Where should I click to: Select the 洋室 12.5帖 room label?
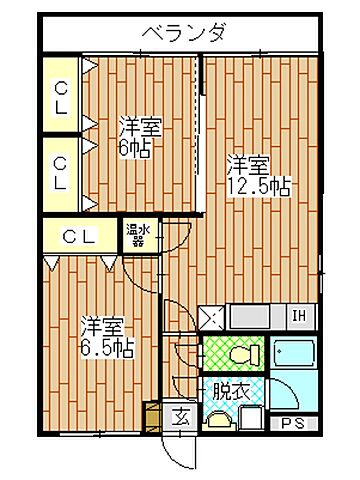[x=251, y=176]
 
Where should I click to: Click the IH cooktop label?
[x=298, y=319]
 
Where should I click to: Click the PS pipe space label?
[x=292, y=422]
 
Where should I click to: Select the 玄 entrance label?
[x=183, y=417]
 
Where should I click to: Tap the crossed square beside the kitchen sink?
[x=212, y=319]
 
